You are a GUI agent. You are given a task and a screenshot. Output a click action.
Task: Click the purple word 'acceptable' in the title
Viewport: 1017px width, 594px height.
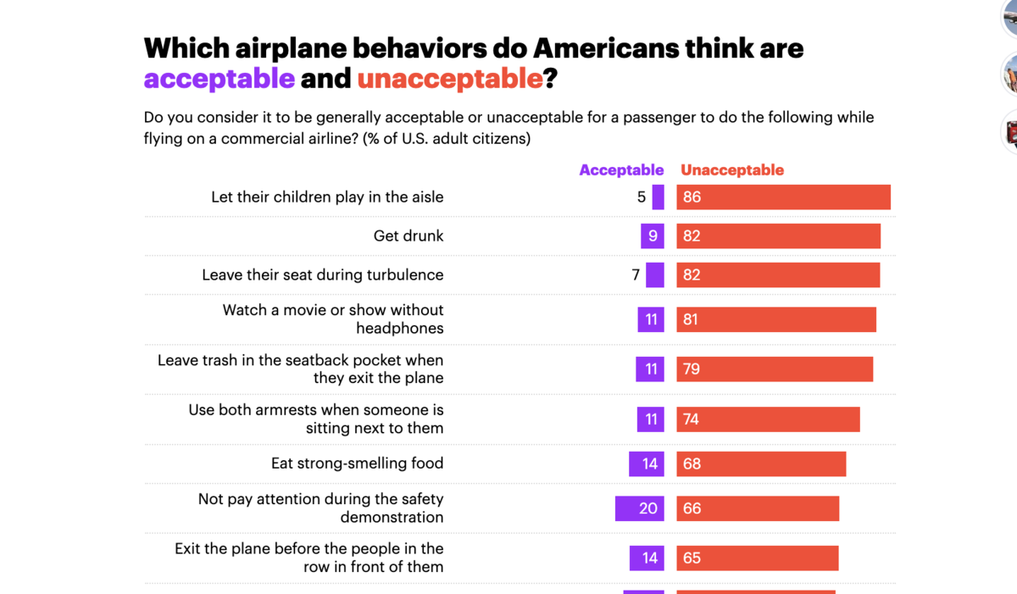tap(220, 79)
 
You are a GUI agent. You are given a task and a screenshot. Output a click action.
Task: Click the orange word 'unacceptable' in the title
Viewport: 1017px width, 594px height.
tap(449, 79)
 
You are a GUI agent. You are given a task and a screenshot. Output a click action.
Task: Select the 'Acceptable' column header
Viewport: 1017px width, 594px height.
tap(621, 170)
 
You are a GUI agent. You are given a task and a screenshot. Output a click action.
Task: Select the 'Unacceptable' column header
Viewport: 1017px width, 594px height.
tap(732, 170)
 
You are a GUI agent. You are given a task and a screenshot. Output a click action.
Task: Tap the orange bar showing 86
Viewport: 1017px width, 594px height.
tap(783, 197)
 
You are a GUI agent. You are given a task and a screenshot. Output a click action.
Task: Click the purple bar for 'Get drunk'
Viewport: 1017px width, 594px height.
tap(653, 236)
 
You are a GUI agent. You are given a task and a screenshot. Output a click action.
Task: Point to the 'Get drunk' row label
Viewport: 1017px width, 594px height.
tap(408, 236)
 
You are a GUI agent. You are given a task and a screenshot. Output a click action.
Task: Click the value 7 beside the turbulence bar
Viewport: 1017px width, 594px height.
tap(636, 275)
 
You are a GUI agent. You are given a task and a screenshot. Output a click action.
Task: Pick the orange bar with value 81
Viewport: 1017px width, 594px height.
tap(775, 319)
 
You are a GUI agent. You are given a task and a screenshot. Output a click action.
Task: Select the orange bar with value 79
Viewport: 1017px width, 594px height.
tap(775, 369)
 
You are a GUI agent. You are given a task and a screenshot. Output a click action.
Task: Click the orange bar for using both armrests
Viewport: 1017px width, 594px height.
tap(768, 419)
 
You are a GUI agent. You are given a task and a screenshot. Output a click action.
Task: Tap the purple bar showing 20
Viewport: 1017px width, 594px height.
tap(640, 508)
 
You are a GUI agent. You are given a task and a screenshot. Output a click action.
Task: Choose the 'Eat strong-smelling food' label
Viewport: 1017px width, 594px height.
tap(357, 464)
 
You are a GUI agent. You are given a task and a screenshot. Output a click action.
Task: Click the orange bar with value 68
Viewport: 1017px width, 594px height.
tap(761, 464)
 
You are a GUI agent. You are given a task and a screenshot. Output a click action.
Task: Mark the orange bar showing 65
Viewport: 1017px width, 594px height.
tap(757, 558)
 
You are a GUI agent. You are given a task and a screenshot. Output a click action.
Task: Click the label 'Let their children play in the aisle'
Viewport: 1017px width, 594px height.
tap(327, 197)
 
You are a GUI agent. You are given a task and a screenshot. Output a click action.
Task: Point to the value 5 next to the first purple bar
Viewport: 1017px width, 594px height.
tap(642, 197)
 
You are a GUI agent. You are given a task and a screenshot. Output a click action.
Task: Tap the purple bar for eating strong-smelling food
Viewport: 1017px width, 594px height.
tap(647, 464)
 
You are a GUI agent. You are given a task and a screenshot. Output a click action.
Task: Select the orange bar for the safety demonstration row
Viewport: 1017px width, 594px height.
tap(758, 508)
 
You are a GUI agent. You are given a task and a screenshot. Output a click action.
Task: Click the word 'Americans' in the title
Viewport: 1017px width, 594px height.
tap(585, 47)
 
